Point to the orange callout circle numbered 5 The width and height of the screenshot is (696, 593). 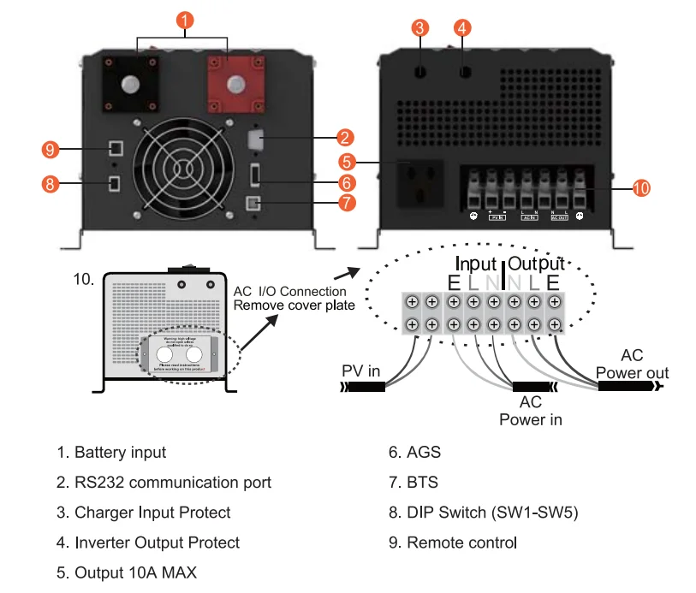(346, 161)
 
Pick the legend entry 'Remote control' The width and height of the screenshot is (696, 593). (462, 543)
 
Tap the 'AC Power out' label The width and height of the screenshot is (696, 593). (632, 365)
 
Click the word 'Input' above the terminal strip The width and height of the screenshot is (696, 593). (476, 263)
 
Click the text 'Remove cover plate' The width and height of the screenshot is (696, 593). (292, 305)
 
